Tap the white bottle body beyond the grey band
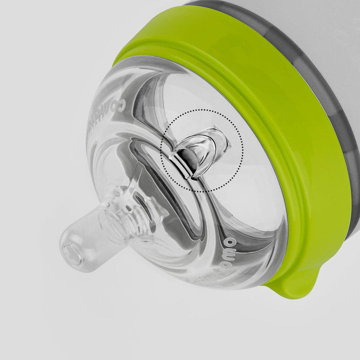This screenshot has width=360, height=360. (x=280, y=20)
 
